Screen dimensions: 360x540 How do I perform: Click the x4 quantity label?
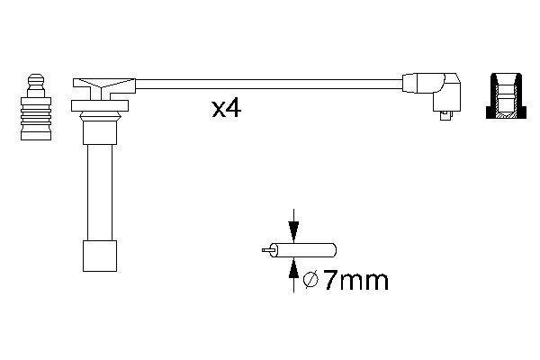click(225, 111)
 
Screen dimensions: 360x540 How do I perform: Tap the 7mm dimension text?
click(355, 282)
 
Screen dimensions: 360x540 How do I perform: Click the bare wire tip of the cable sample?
click(265, 249)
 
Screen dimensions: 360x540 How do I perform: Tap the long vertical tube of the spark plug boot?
click(96, 189)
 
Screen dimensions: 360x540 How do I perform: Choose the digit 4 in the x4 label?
click(233, 110)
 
